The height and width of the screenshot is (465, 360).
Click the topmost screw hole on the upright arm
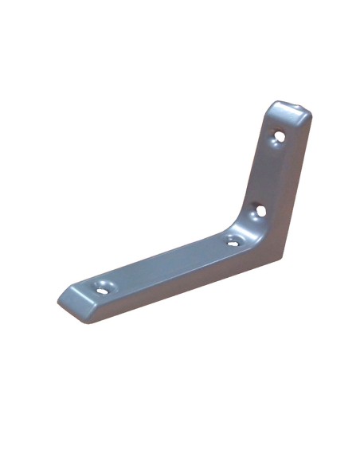pos(279,136)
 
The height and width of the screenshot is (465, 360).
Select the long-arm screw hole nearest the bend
pos(233,240)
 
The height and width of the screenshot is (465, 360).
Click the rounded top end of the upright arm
pos(288,109)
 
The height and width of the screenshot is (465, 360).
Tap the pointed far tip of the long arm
pos(59,301)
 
